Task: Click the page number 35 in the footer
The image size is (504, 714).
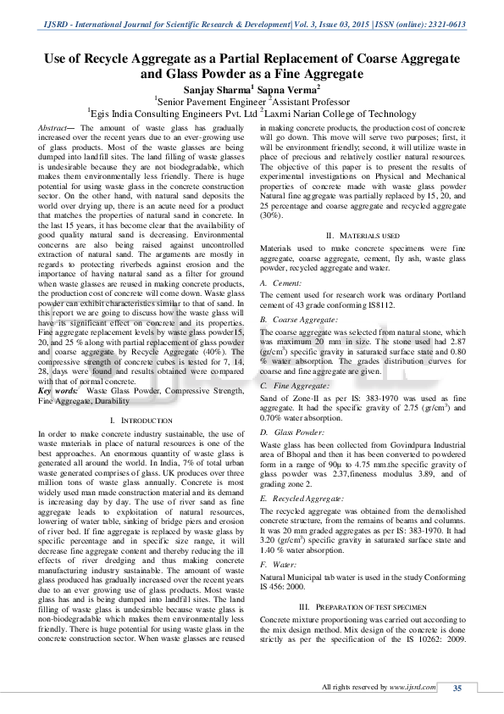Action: [457, 687]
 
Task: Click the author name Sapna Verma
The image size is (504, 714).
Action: [289, 87]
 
